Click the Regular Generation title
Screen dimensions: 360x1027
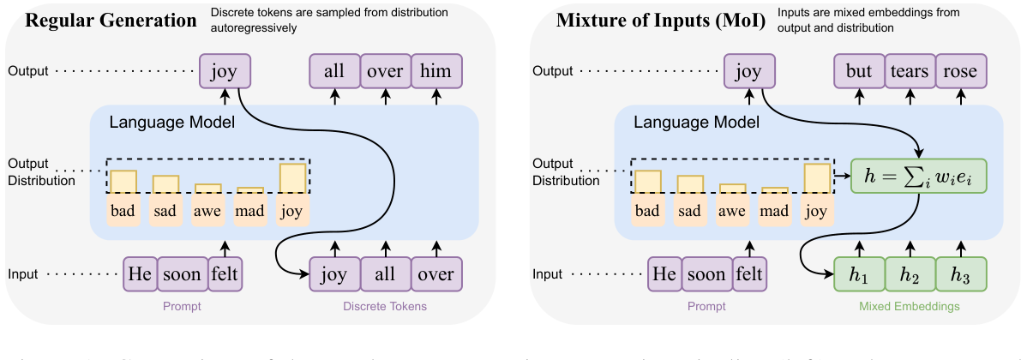pos(111,20)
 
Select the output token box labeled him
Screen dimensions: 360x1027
pos(435,71)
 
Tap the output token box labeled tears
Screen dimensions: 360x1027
pos(909,71)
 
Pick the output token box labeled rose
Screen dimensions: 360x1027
pos(960,71)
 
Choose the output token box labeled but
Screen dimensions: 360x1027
pos(858,71)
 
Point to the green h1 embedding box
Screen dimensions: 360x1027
pos(858,275)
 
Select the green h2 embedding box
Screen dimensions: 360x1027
pos(909,275)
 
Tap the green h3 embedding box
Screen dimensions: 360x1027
pos(960,275)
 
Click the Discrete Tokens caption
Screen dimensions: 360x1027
pos(384,306)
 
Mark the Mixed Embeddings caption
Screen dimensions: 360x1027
pos(909,306)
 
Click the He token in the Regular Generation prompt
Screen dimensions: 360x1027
pos(141,275)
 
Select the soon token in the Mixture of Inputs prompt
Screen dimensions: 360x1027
pos(706,275)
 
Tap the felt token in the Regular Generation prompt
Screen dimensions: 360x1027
pos(225,275)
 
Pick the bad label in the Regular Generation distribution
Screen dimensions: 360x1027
pos(123,211)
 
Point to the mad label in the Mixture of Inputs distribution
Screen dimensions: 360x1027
pos(775,211)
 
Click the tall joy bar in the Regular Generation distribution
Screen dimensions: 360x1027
pos(293,177)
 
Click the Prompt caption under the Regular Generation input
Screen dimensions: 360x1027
pos(182,306)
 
